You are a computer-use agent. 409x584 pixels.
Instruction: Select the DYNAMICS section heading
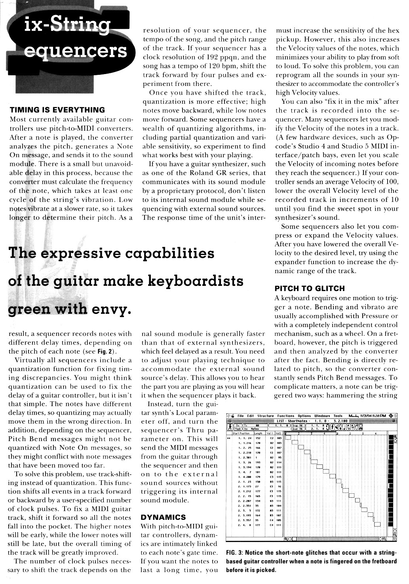163,517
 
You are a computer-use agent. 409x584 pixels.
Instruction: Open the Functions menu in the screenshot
285,416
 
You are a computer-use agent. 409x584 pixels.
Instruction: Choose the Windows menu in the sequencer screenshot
323,416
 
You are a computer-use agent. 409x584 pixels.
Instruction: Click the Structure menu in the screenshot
265,416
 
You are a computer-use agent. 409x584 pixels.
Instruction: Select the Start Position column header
241,434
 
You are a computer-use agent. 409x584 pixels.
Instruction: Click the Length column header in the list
258,434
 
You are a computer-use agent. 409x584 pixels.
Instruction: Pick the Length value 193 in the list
257,462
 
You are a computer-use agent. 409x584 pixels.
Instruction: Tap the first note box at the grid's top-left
288,438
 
